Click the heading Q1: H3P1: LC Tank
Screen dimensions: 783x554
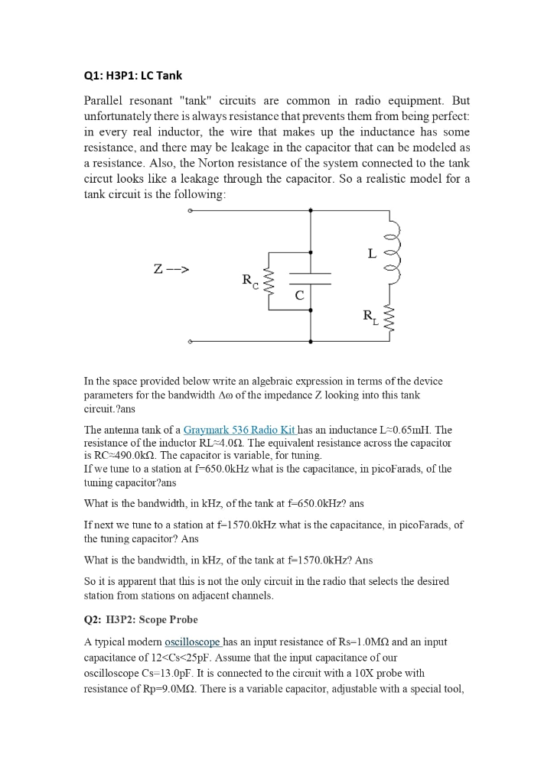(x=132, y=76)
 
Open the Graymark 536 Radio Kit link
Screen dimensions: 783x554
(x=239, y=430)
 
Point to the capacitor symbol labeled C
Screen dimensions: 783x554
(x=310, y=279)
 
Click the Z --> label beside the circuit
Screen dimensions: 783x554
(x=171, y=269)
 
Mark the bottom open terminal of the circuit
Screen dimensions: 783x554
(x=190, y=341)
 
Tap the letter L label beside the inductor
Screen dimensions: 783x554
(x=372, y=253)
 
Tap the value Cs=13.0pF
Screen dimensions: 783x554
(x=168, y=673)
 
